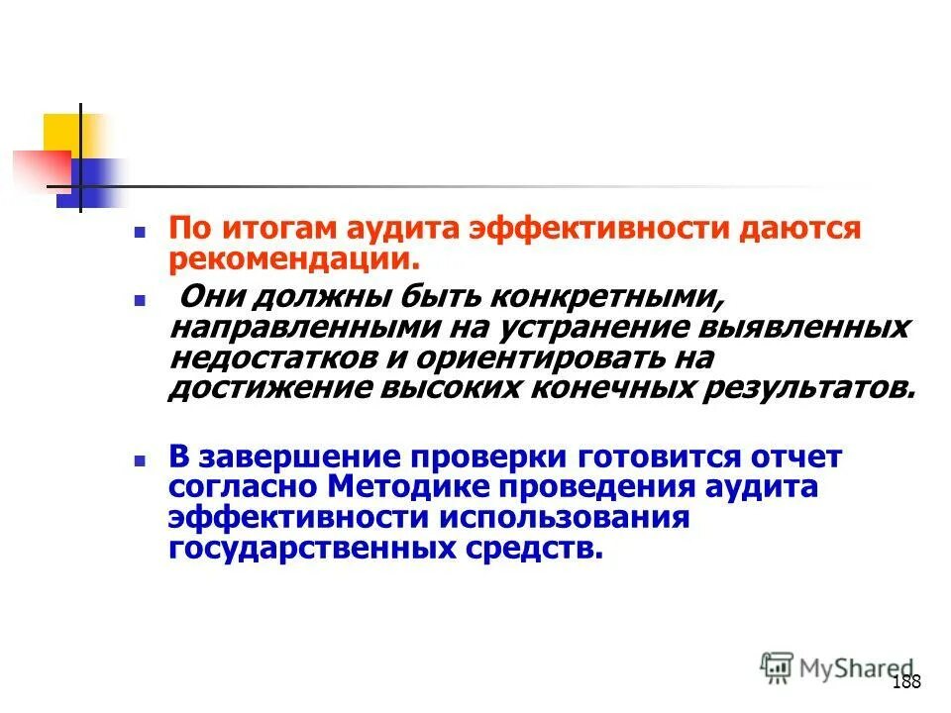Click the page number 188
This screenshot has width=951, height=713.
point(906,682)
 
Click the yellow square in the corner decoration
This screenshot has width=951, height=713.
point(62,133)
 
